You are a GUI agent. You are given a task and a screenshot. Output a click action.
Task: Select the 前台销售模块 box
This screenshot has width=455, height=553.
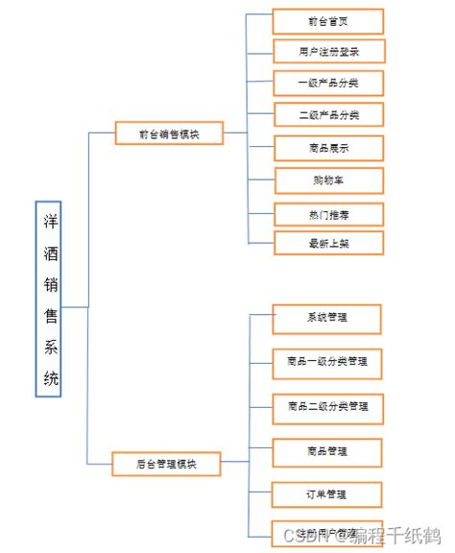[x=169, y=133]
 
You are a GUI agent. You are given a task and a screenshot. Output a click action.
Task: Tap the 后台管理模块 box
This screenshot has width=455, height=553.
[x=166, y=464]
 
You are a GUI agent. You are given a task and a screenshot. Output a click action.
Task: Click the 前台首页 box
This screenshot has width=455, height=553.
[x=328, y=20]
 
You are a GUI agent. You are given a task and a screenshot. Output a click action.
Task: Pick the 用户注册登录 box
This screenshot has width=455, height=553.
[x=328, y=50]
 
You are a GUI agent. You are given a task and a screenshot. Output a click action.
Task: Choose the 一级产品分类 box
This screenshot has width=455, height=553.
[x=328, y=83]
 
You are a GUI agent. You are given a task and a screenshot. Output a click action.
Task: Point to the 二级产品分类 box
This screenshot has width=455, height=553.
[x=328, y=115]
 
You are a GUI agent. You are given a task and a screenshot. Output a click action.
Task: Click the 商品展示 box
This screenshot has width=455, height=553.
[x=328, y=148]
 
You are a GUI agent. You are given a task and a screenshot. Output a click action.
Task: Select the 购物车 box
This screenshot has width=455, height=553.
[x=328, y=180]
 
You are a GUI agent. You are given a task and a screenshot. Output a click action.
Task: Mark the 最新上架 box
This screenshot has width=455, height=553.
[x=328, y=243]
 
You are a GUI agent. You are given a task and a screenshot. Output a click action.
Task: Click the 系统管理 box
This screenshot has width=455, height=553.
[x=327, y=318]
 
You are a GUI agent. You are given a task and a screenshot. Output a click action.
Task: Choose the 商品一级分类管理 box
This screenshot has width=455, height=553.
[x=327, y=363]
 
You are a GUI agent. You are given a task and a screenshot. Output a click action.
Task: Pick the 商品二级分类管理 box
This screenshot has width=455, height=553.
[x=327, y=407]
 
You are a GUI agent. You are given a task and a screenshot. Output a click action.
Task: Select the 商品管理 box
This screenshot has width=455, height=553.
[x=327, y=450]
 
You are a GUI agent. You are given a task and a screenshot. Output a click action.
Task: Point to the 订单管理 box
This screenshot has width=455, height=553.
[x=327, y=495]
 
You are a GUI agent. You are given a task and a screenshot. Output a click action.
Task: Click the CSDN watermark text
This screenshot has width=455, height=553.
[x=300, y=534]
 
